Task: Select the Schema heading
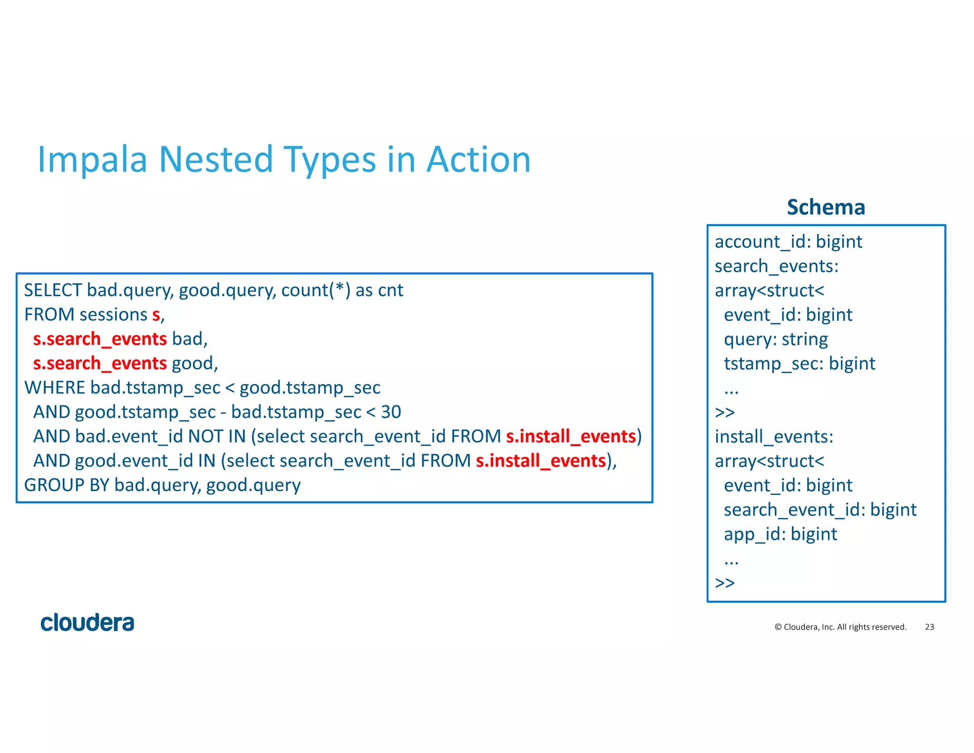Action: pyautogui.click(x=826, y=208)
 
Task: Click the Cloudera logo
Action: pyautogui.click(x=88, y=623)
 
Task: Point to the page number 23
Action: pyautogui.click(x=929, y=627)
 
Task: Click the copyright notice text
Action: pyautogui.click(x=840, y=627)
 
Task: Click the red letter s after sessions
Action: pyautogui.click(x=156, y=315)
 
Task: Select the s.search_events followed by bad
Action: pyautogui.click(x=100, y=339)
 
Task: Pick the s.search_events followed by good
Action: pyautogui.click(x=100, y=364)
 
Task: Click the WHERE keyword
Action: pyautogui.click(x=55, y=388)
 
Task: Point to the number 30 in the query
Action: pyautogui.click(x=391, y=412)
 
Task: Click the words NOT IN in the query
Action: pyautogui.click(x=216, y=436)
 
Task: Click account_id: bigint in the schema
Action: pyautogui.click(x=788, y=242)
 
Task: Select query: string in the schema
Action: pyautogui.click(x=775, y=339)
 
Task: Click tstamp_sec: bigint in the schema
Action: pyautogui.click(x=799, y=364)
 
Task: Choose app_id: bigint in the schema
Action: pyautogui.click(x=780, y=535)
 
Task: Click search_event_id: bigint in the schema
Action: pyautogui.click(x=819, y=510)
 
